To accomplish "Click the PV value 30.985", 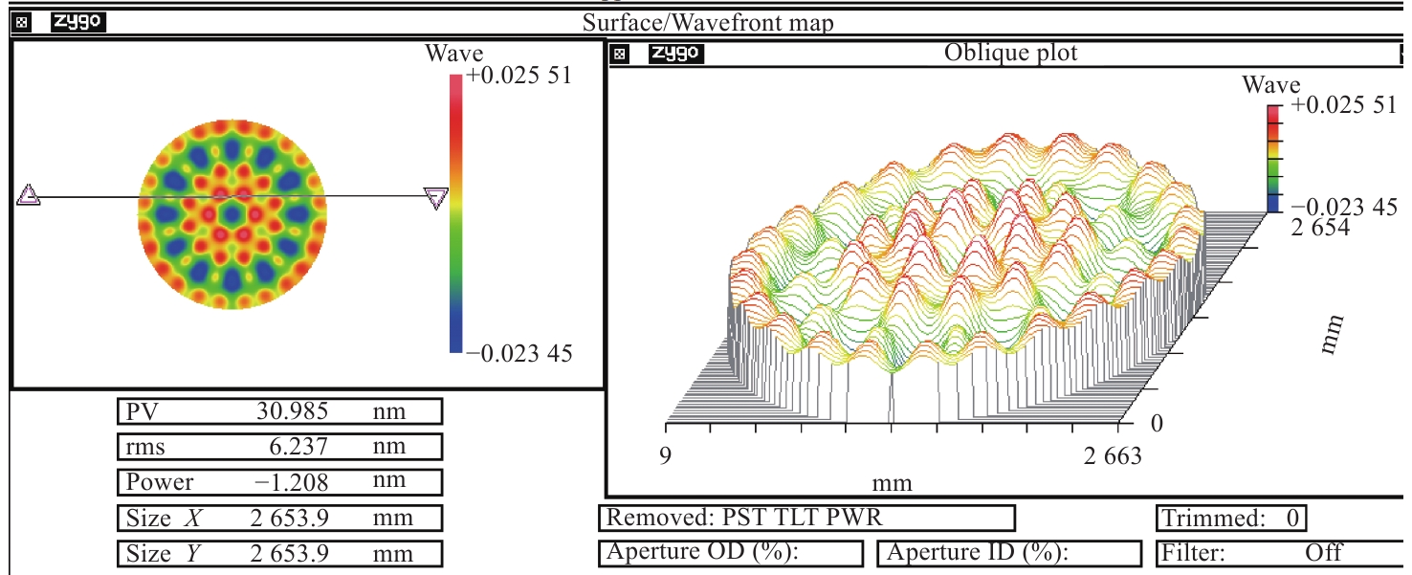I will click(293, 412).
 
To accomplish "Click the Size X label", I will click(164, 519).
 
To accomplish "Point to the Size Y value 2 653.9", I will click(291, 554).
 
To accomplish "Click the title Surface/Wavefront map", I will click(708, 23).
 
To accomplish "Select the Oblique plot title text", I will click(1010, 53).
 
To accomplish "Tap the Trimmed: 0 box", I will click(1230, 519).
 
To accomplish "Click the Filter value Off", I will click(1323, 553).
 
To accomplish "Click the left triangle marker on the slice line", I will click(29, 196).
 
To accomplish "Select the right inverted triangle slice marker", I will click(436, 198).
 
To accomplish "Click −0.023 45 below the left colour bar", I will click(519, 354).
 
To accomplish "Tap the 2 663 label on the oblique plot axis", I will click(1113, 456).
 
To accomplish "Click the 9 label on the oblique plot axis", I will click(666, 456).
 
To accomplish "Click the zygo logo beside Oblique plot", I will click(675, 54).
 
